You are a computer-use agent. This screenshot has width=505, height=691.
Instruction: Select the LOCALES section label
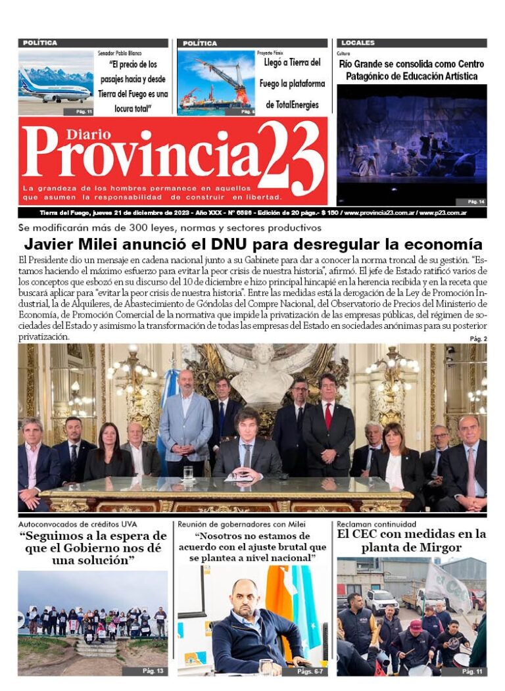pyautogui.click(x=358, y=43)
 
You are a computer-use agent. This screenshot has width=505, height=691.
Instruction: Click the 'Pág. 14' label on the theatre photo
pyautogui.click(x=475, y=201)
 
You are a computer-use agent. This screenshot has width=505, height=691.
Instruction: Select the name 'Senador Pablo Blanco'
pyautogui.click(x=119, y=53)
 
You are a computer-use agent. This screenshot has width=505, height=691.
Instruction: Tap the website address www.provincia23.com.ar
pyautogui.click(x=378, y=213)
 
